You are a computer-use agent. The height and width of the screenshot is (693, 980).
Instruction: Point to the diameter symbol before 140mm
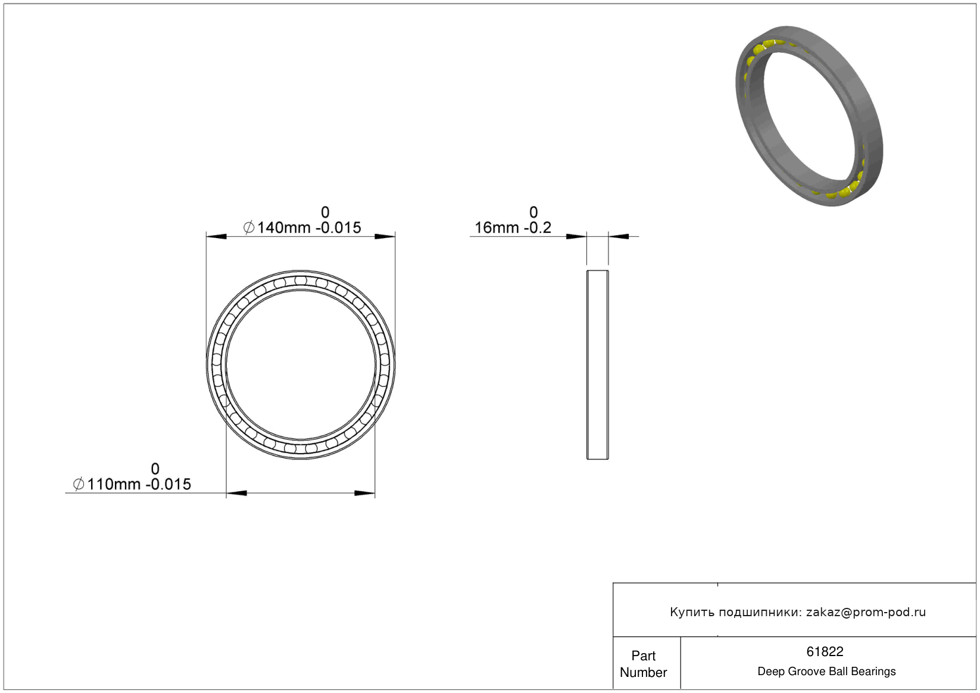point(249,228)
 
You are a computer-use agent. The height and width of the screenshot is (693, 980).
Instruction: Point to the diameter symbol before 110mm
point(79,484)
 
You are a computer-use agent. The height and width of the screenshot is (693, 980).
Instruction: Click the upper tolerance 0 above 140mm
point(325,213)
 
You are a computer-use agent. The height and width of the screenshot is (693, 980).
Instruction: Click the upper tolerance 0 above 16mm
point(533,213)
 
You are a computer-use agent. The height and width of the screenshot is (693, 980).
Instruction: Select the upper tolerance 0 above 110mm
point(155,469)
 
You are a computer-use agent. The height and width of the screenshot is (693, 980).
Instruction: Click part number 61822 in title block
point(825,652)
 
